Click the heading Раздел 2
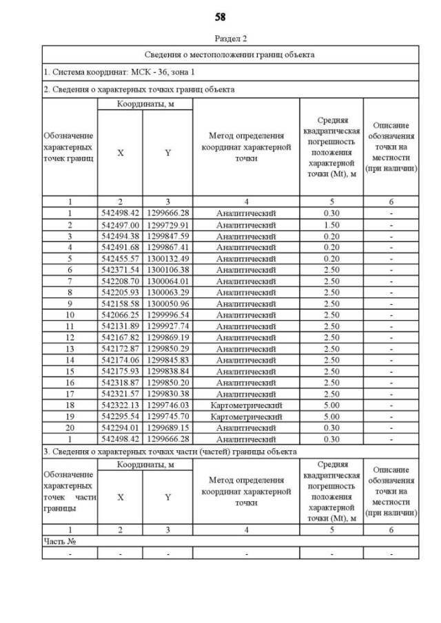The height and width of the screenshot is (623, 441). coord(230,39)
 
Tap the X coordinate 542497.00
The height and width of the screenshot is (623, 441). coord(120,224)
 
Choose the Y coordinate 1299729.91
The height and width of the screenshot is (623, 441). coord(167,224)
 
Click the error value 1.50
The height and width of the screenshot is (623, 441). coord(331,224)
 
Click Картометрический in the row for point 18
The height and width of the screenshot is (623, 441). coord(246,405)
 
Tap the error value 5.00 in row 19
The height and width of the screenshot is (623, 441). coord(331,416)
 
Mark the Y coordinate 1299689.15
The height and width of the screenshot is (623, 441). coord(167,427)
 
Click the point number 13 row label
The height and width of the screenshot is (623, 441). coord(70,349)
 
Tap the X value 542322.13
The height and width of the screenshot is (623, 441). coord(120,405)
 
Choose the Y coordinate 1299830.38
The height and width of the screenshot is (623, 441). coord(167,394)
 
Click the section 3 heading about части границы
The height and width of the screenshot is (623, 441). coord(170,452)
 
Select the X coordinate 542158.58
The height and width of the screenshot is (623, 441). coord(120,304)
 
